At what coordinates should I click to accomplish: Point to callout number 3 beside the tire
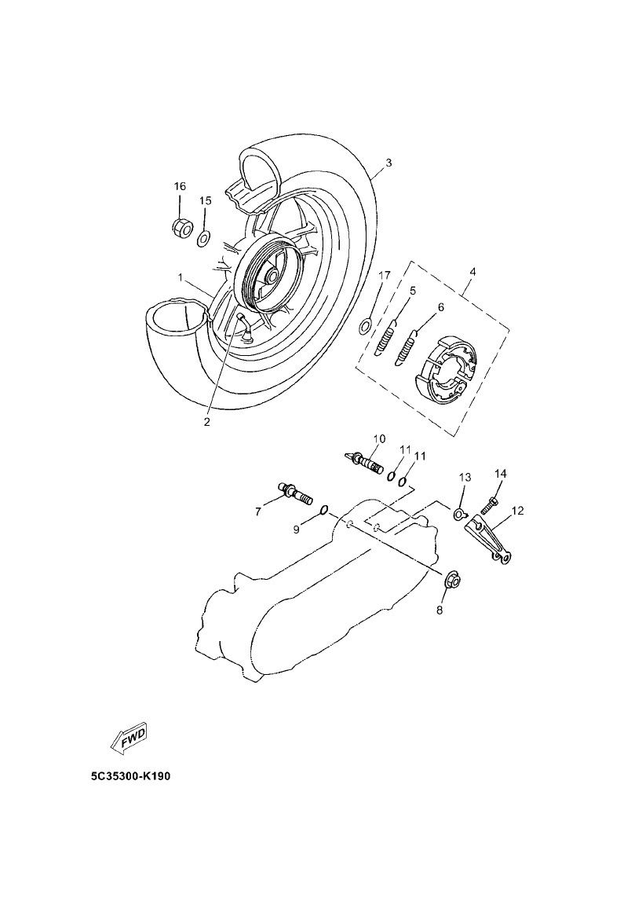click(388, 163)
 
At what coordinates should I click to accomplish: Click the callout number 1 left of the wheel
click(180, 278)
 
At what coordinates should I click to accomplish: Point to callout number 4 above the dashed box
click(472, 272)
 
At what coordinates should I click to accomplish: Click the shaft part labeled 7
click(296, 494)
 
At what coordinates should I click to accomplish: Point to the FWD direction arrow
click(129, 736)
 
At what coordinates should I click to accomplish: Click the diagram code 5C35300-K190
click(130, 776)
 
